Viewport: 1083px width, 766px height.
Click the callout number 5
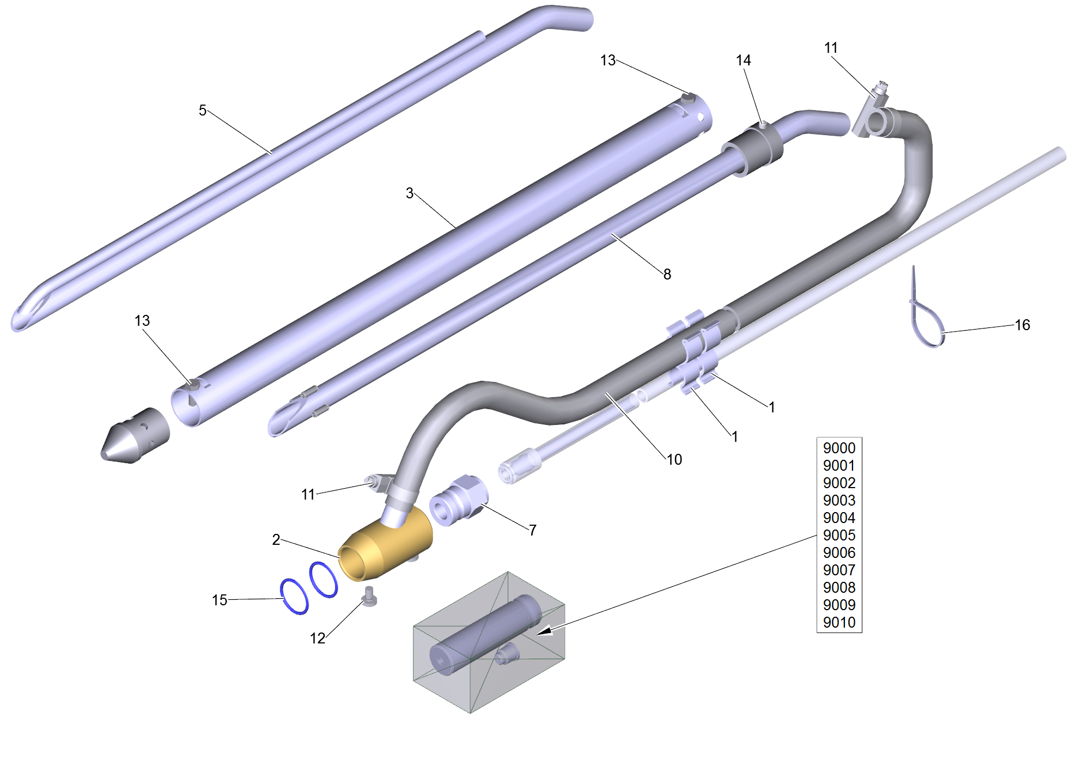click(203, 111)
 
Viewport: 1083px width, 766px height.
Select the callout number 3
click(410, 193)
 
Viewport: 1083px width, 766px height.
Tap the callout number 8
click(667, 274)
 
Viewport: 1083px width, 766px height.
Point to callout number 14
click(744, 60)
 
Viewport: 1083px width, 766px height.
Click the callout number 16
click(1023, 325)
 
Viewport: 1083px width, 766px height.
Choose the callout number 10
click(674, 460)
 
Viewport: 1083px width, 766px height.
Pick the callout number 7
click(533, 530)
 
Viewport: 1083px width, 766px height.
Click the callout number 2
click(276, 540)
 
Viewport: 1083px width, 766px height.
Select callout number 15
click(220, 600)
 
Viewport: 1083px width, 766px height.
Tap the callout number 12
click(318, 639)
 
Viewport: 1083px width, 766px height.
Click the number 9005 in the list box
click(839, 536)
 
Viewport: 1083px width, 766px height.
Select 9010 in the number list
click(839, 623)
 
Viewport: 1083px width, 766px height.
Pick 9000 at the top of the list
click(839, 448)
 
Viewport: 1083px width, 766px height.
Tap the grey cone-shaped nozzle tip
click(135, 436)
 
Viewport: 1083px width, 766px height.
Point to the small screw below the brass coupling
click(370, 597)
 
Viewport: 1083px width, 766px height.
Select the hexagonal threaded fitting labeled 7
click(459, 500)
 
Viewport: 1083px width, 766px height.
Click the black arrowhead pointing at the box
click(545, 630)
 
